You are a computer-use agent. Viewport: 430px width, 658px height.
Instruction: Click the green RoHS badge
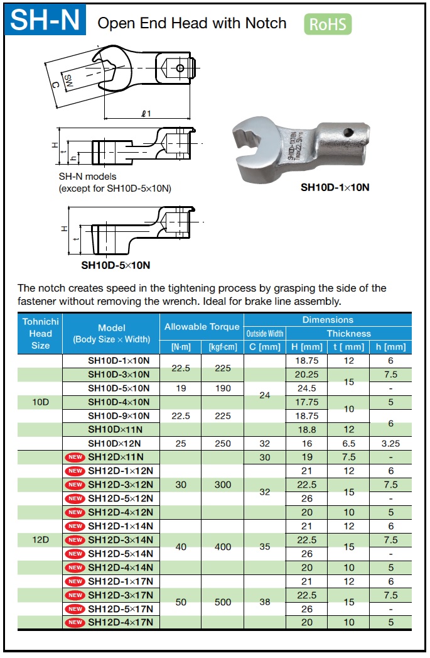[328, 25]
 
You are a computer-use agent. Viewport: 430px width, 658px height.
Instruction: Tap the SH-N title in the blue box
[46, 21]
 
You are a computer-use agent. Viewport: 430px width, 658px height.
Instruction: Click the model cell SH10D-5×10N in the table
[119, 388]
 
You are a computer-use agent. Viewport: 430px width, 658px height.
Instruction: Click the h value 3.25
[390, 444]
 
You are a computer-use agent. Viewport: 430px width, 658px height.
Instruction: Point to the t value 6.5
[348, 444]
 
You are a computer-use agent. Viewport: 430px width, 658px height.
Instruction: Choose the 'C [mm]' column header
[264, 347]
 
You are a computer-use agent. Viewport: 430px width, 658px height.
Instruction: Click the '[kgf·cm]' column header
[223, 347]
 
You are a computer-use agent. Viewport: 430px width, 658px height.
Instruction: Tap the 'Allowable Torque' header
[202, 327]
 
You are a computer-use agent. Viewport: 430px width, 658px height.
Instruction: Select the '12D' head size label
[40, 539]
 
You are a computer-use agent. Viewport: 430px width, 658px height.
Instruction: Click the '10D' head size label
[40, 402]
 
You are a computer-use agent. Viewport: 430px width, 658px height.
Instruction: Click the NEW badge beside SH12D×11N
[75, 457]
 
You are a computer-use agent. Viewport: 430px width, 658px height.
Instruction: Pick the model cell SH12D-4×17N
[124, 622]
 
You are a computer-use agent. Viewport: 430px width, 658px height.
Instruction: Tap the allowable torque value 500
[223, 602]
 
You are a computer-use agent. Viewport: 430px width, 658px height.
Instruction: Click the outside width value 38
[264, 602]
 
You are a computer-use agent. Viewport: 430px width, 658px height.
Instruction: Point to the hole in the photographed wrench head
[348, 133]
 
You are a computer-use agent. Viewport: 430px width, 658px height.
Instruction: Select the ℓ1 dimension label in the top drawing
[146, 114]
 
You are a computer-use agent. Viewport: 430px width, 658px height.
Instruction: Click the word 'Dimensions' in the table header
[328, 320]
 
